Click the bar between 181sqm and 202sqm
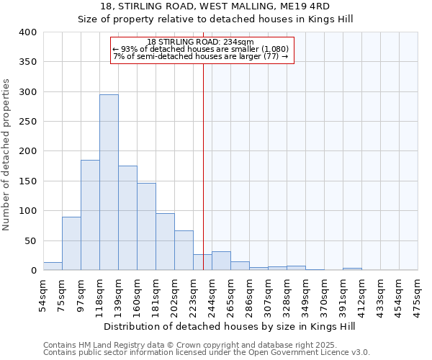click(165, 242)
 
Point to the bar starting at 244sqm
click(221, 261)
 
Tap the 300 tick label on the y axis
click(28, 92)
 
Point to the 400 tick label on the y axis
click(28, 32)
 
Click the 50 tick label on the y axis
click(31, 241)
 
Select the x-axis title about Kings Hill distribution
click(230, 326)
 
